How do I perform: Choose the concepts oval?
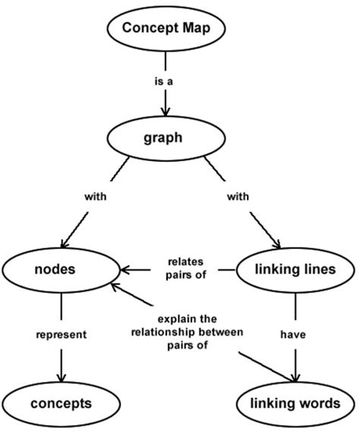coord(61,403)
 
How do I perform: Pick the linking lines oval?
coord(295,269)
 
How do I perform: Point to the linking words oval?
coord(295,403)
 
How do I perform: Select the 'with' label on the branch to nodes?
coord(95,196)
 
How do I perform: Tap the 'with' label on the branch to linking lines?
coord(237,196)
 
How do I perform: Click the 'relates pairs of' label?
coord(185,269)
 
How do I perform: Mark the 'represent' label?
coord(62,333)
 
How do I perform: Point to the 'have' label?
coord(295,333)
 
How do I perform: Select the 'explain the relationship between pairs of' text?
coord(185,331)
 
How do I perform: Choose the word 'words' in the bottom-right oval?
coord(318,403)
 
